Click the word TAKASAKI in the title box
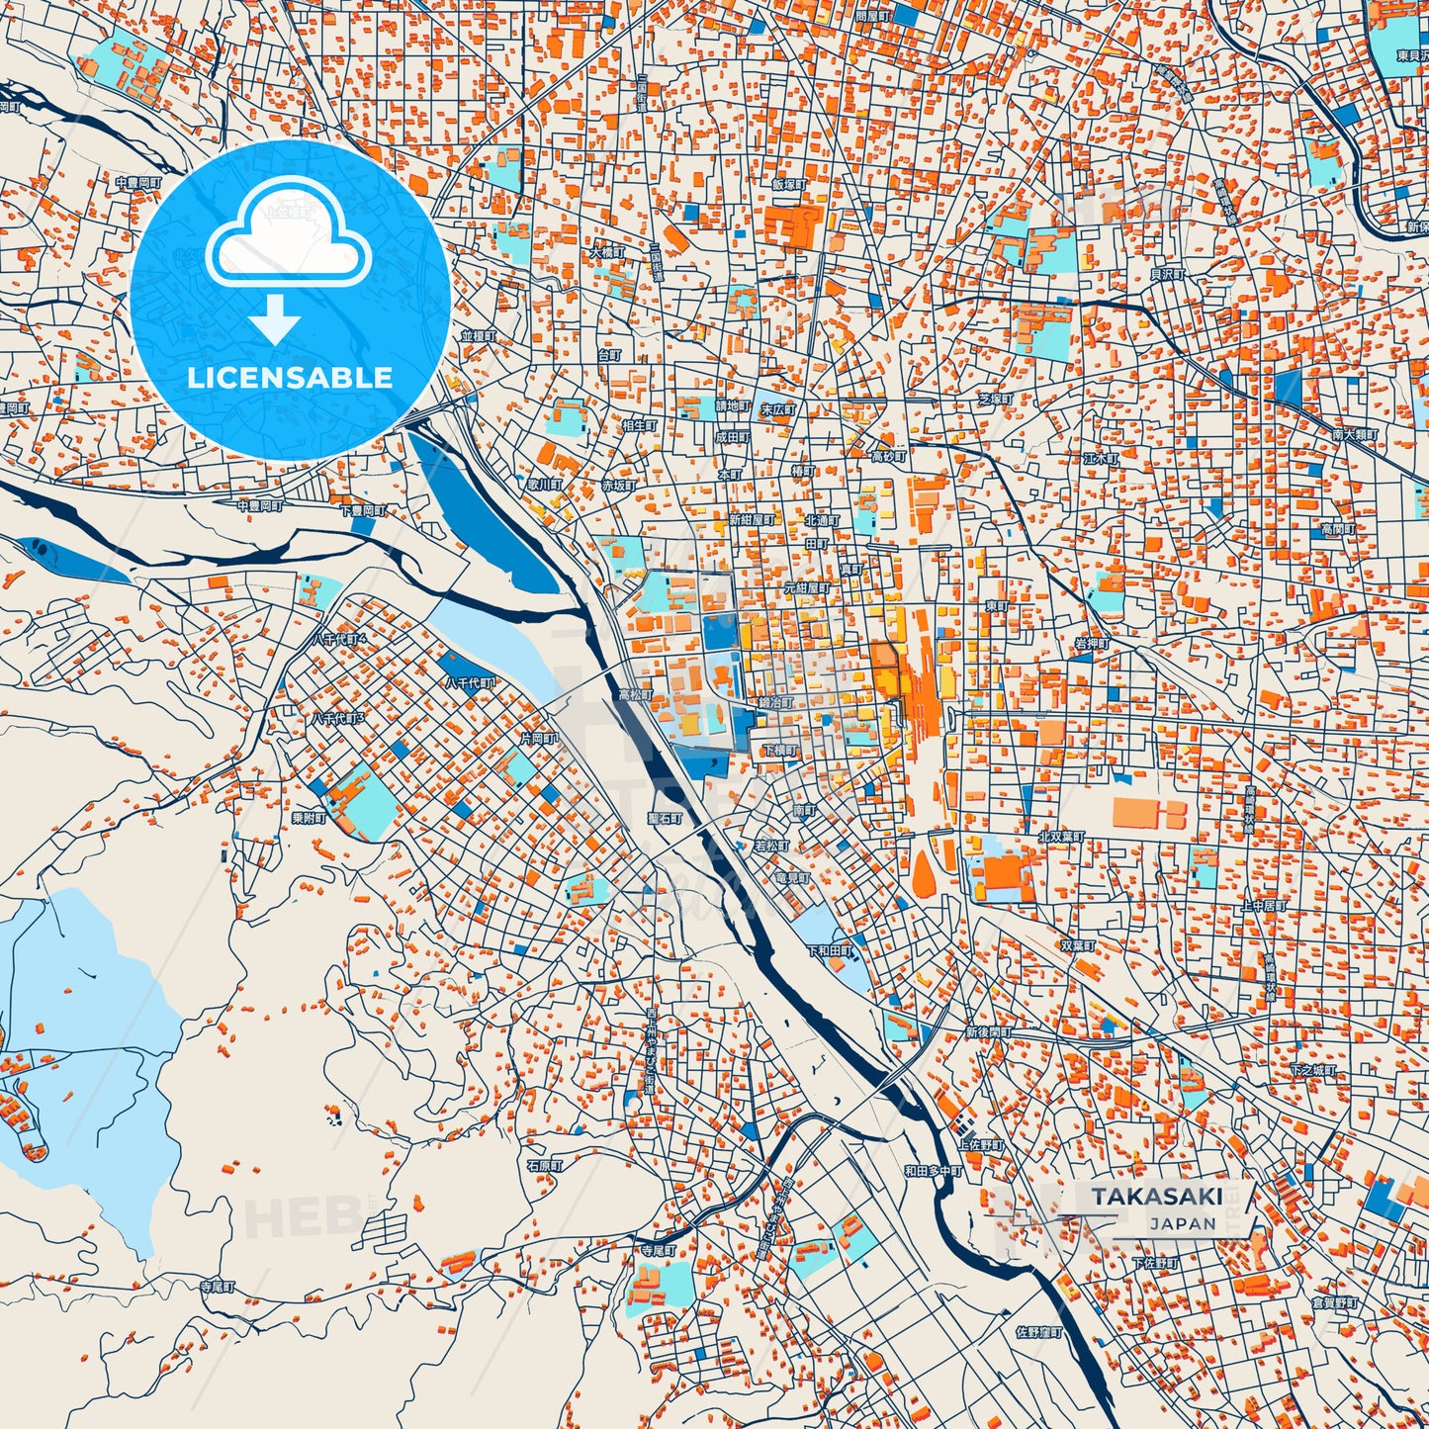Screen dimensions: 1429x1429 click(1156, 1197)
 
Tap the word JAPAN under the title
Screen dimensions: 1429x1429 click(1183, 1223)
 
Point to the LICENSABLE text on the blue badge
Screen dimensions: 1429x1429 click(290, 378)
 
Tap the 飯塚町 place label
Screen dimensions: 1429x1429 click(790, 184)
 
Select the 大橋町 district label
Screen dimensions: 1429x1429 click(607, 252)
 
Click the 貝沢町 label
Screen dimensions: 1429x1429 click(1167, 274)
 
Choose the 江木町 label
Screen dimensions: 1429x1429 click(1101, 459)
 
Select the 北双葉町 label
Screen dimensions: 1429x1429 click(1061, 837)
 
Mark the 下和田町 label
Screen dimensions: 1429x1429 click(830, 950)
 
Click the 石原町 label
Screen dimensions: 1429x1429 click(545, 1166)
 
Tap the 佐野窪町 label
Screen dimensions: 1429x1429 click(1038, 1332)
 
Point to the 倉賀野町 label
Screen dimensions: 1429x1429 click(1336, 1304)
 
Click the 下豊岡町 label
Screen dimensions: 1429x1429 click(363, 511)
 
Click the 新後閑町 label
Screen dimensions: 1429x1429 click(989, 1032)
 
